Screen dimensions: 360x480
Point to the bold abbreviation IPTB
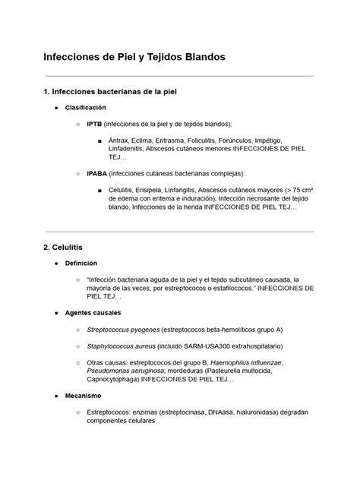click(x=94, y=124)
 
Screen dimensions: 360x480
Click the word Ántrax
click(x=118, y=141)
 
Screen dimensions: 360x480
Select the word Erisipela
click(x=161, y=190)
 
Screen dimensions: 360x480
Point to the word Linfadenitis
click(x=131, y=149)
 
